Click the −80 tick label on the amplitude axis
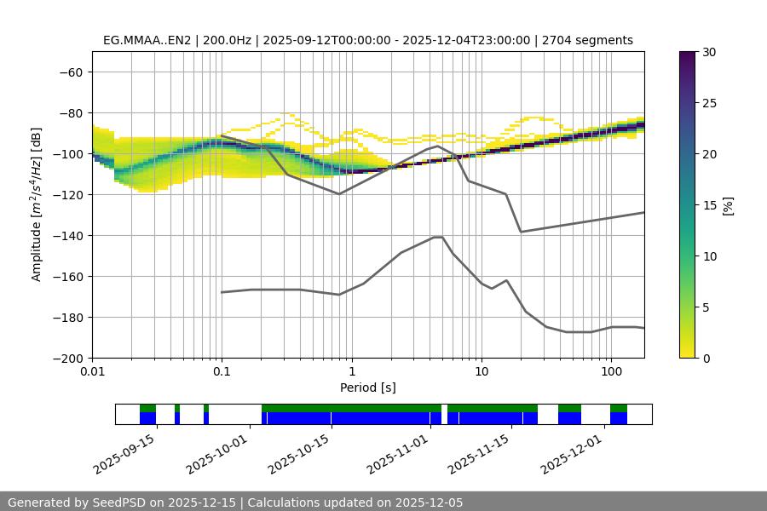71,112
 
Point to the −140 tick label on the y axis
68,235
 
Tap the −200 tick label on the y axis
68,358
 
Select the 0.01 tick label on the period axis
92,372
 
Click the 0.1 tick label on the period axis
222,372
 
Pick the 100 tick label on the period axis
610,372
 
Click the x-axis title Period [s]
367,388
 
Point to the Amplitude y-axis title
36,204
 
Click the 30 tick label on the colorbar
709,52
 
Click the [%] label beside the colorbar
728,204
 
